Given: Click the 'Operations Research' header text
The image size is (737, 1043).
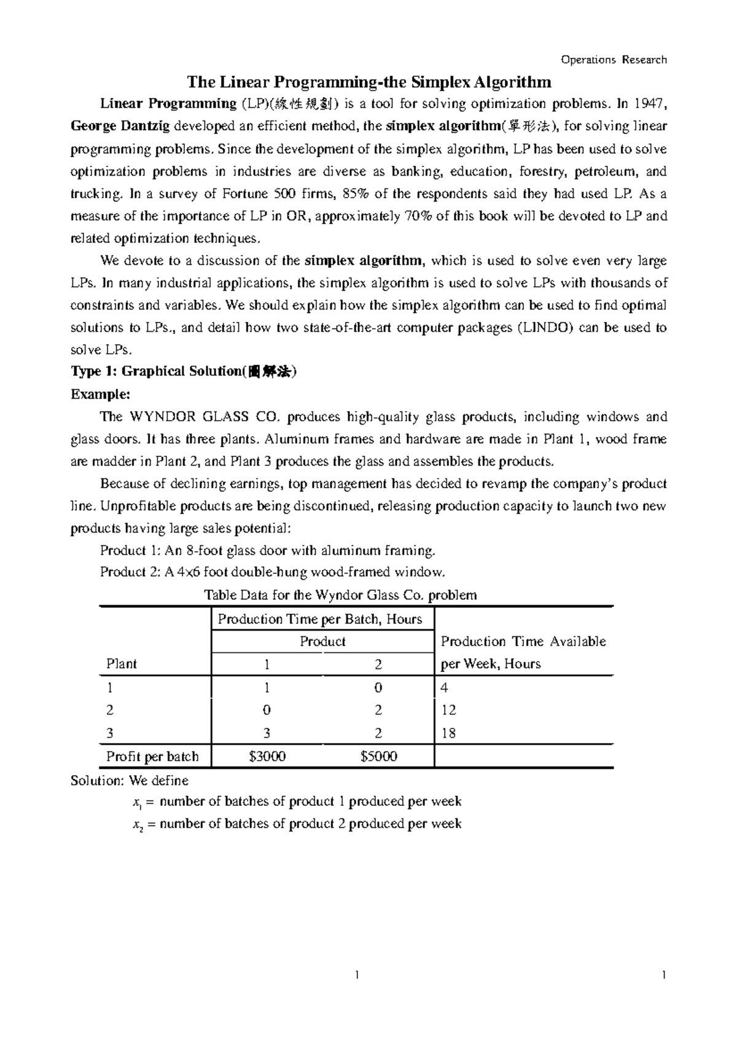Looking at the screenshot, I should coord(614,60).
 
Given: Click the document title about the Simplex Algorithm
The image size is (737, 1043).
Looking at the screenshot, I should coord(369,82).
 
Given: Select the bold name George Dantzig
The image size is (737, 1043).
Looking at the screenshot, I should coord(122,127).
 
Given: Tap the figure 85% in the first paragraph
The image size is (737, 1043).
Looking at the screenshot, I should coord(356,194).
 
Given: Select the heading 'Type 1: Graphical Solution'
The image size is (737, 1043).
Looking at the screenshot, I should coord(184,372).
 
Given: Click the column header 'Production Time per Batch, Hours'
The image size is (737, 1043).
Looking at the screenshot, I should coord(320,619).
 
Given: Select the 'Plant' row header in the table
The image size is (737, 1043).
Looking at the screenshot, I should coord(122,664).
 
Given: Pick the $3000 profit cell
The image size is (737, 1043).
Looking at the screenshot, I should coord(267,757).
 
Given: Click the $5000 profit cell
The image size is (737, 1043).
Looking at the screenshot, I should coord(379,757).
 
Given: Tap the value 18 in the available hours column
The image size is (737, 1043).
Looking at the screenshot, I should coord(448,733).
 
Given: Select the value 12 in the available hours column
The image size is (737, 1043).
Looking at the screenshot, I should coord(448,711).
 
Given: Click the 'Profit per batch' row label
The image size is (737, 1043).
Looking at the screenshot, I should coord(152,757).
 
